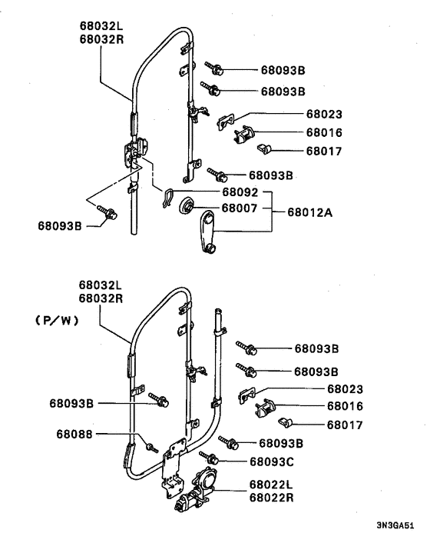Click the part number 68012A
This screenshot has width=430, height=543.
[x=309, y=212]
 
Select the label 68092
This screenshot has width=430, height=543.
[x=240, y=192]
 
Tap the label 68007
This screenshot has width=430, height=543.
[x=240, y=208]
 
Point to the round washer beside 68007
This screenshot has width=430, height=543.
[x=187, y=205]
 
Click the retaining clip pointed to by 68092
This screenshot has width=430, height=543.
[x=167, y=198]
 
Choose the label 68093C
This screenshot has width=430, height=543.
[x=272, y=461]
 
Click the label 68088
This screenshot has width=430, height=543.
[x=74, y=435]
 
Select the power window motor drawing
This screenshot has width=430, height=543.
[x=196, y=489]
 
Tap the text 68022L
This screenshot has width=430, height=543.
[x=271, y=485]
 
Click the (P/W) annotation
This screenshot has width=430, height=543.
[x=57, y=321]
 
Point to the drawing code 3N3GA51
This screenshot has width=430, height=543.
[x=395, y=525]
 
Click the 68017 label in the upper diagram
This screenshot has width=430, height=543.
[x=324, y=152]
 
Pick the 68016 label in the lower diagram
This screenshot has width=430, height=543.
[x=345, y=406]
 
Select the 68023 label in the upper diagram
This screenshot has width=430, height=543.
[x=324, y=114]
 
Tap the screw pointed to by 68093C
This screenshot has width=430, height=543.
[x=209, y=458]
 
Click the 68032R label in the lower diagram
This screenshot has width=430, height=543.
[x=101, y=298]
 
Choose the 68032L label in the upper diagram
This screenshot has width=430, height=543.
[x=101, y=25]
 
